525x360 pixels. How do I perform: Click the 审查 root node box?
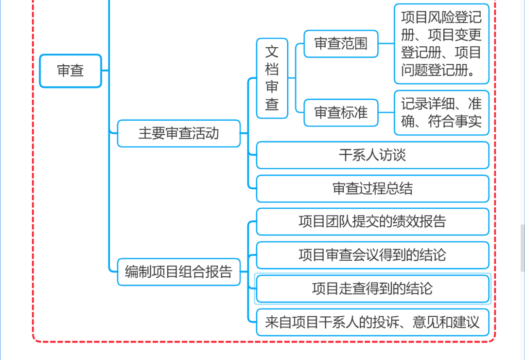coord(70,71)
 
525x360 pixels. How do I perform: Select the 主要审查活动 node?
coord(178,133)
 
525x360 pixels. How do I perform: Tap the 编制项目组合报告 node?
coord(178,271)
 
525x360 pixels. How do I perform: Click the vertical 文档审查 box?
coord(272,78)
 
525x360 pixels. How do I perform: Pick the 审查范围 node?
coord(341,44)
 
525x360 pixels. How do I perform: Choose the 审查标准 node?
coord(341,113)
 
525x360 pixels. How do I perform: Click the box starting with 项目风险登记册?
coord(441,44)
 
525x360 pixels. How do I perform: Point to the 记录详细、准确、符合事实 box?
coord(441,112)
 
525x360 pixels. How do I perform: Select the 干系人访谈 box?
coord(372,155)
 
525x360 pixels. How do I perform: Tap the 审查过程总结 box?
coord(372,189)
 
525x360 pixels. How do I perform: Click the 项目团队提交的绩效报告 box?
coord(372,222)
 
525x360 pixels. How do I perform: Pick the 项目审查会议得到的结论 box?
coord(372,255)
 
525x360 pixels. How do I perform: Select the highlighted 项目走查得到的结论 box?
coord(372,288)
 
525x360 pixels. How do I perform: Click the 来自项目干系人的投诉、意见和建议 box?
coord(372,322)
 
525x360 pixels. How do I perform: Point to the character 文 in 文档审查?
coord(272,52)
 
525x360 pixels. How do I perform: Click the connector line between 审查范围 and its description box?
coord(386,44)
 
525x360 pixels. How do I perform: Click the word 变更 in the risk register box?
coord(468,35)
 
